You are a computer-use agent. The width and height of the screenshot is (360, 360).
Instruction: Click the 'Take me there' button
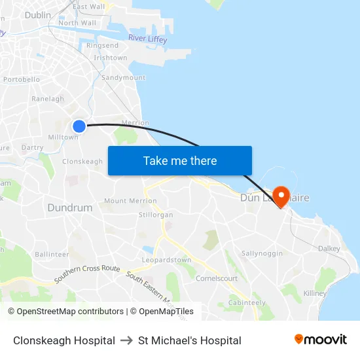tap(180, 160)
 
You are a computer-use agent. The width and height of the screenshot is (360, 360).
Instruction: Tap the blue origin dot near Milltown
tap(79, 126)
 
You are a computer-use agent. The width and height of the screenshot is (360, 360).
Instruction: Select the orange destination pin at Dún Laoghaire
tap(281, 196)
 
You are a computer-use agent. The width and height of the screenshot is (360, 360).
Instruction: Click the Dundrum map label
tap(69, 207)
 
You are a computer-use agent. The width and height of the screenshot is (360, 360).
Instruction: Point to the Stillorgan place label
tap(156, 215)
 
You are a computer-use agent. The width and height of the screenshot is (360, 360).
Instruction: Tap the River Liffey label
tap(147, 39)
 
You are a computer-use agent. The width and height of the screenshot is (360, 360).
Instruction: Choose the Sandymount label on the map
tap(123, 77)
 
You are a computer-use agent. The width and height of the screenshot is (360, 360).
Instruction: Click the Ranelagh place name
tap(48, 99)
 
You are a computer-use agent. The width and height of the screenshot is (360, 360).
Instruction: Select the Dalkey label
tap(329, 249)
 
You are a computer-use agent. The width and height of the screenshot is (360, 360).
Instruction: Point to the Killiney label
tap(315, 294)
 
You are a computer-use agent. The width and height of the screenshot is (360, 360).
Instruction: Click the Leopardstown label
tap(167, 260)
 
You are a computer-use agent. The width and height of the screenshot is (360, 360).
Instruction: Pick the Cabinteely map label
tap(247, 302)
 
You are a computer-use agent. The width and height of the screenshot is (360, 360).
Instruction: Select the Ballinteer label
tap(52, 254)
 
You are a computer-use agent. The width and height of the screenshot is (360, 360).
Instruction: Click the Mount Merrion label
tap(130, 201)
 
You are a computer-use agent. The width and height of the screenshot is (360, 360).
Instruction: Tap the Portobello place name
tap(22, 80)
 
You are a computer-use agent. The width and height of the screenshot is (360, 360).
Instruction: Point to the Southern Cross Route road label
tap(87, 273)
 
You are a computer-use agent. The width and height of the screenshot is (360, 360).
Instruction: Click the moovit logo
tap(321, 340)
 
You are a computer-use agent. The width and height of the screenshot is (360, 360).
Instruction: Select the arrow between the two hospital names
tap(126, 340)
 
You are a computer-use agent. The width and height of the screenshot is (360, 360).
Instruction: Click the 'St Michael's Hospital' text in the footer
tap(190, 340)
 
